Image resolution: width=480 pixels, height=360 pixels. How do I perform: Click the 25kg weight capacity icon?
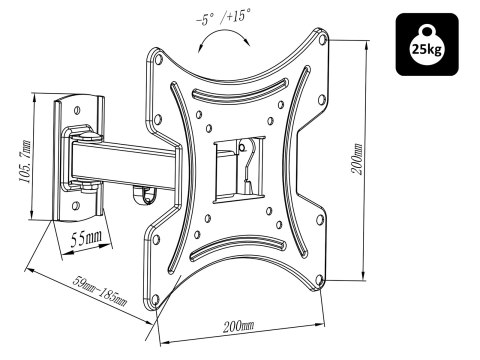tap(427, 44)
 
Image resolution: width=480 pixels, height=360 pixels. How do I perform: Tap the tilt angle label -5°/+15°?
tap(223, 17)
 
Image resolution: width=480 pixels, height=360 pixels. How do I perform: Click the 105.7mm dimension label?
tap(25, 162)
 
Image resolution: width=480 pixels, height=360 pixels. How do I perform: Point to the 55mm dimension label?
tap(86, 238)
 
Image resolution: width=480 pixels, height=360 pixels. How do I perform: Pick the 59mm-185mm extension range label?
tap(100, 291)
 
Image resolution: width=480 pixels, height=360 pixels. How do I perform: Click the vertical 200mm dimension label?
tap(357, 159)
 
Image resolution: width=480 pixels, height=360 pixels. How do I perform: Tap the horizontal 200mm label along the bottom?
tap(238, 326)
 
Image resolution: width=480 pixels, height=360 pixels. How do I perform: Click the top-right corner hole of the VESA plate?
tap(322, 39)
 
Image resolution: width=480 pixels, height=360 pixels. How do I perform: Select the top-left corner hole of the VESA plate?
tap(158, 59)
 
